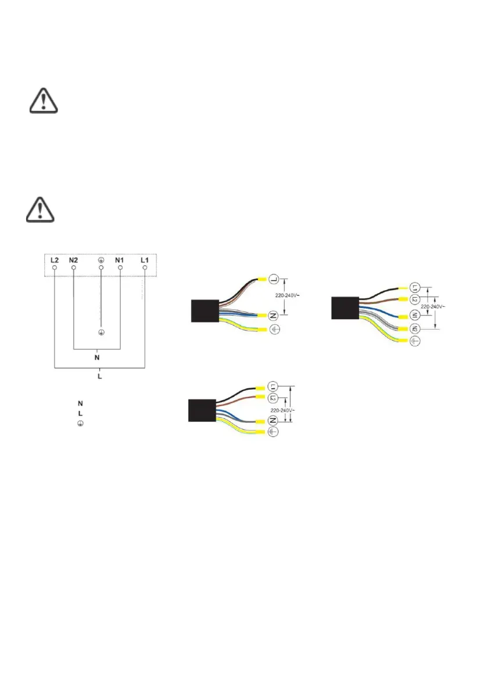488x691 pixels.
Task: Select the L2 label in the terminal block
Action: [x=54, y=261]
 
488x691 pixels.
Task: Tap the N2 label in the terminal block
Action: [x=73, y=261]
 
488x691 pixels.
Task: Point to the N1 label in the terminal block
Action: [x=120, y=261]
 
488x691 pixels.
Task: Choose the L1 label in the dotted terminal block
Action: [x=145, y=261]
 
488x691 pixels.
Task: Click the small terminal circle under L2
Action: [x=54, y=270]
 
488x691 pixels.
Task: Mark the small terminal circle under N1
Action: [x=120, y=270]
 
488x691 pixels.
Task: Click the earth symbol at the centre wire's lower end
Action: [x=101, y=333]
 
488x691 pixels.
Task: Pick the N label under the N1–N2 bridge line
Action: [x=96, y=357]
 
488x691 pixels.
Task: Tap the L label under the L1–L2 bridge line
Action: [x=100, y=377]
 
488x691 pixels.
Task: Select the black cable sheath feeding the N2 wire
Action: [x=344, y=308]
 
